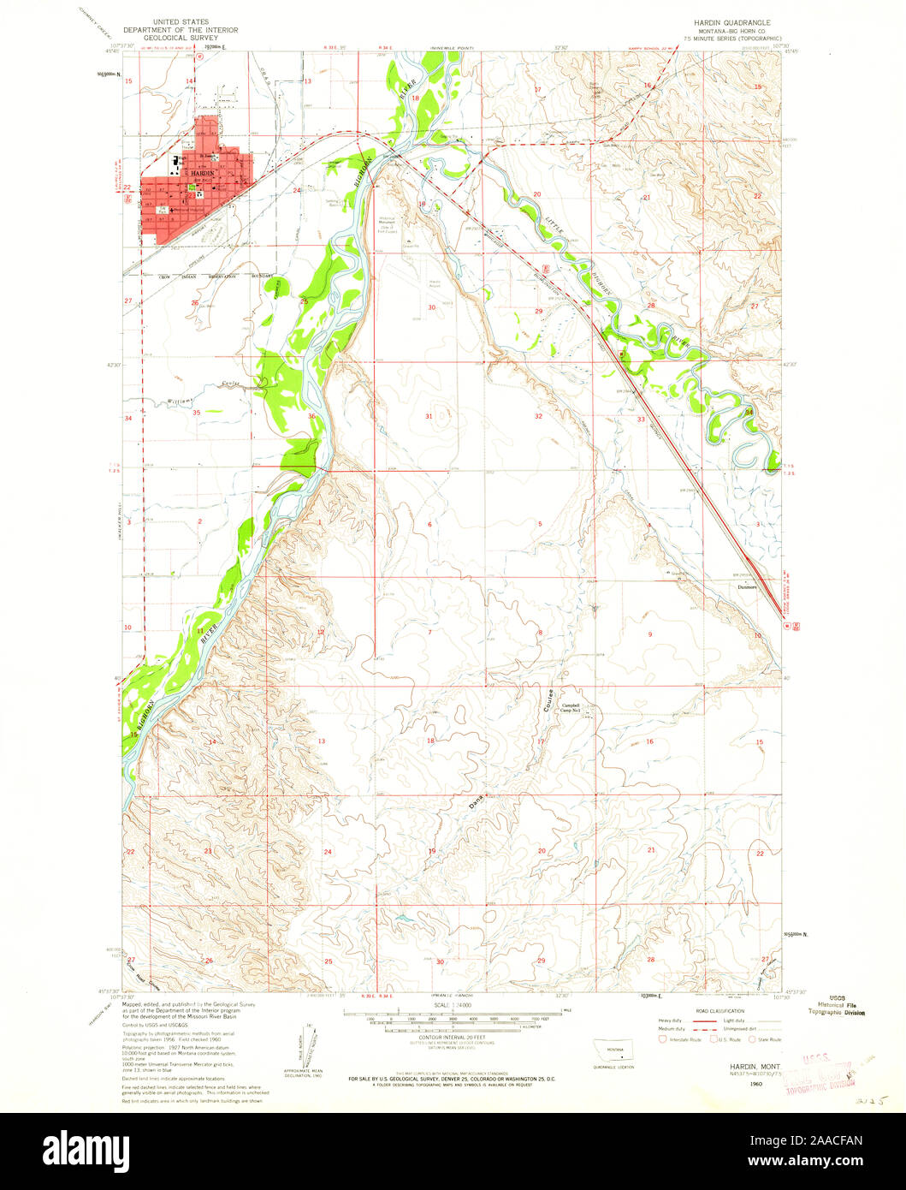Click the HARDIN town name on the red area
pos(202,173)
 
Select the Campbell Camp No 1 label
pos(571,708)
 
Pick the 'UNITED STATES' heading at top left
pos(180,17)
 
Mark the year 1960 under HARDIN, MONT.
pos(755,1084)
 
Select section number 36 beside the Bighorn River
pos(311,417)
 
